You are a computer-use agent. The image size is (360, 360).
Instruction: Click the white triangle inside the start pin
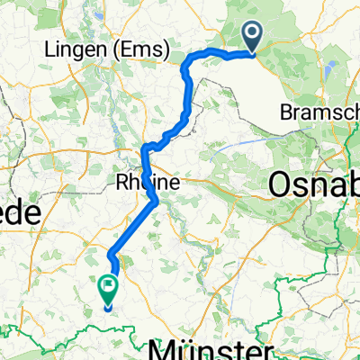(252, 33)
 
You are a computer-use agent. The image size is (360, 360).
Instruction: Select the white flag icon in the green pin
(109, 288)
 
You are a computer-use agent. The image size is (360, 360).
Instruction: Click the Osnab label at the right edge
(315, 184)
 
